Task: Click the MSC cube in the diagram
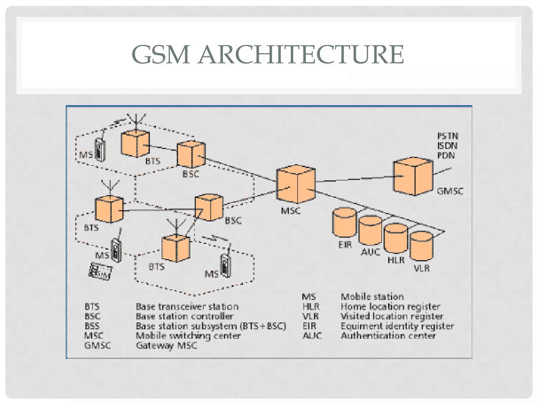pos(296,184)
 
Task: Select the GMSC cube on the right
pos(413,176)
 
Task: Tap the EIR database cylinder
pos(344,223)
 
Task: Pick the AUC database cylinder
pos(370,231)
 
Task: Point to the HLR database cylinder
pos(396,238)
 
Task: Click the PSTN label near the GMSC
pos(448,136)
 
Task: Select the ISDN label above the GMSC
pos(447,146)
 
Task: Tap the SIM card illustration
pos(101,271)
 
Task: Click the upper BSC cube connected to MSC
pos(191,155)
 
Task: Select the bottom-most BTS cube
pos(175,249)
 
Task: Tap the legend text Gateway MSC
pos(166,345)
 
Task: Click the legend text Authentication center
pos(388,336)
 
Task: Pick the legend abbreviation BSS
pos(92,326)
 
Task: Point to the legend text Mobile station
pos(372,297)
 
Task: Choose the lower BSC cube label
pos(233,220)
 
